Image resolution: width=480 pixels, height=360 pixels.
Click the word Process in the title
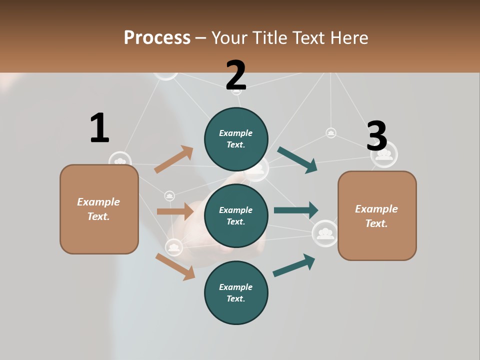157,38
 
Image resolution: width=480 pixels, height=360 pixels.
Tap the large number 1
99,128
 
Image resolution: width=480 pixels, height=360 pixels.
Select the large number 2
236,75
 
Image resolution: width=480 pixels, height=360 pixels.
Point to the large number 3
377,136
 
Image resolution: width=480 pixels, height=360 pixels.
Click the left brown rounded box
99,209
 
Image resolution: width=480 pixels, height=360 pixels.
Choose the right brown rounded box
377,216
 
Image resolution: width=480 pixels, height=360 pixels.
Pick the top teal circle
236,139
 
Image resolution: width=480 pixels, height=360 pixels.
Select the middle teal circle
236,215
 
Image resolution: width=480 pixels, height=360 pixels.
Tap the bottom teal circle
236,292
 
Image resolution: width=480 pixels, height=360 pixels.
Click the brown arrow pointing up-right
173,159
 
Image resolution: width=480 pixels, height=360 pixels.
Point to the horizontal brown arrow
175,211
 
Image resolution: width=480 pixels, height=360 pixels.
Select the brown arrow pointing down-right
175,266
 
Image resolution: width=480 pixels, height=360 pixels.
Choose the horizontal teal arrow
295,210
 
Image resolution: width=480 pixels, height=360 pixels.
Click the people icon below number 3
384,154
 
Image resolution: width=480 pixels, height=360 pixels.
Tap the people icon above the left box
119,161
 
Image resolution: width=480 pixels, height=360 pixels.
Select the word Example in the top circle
236,133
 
